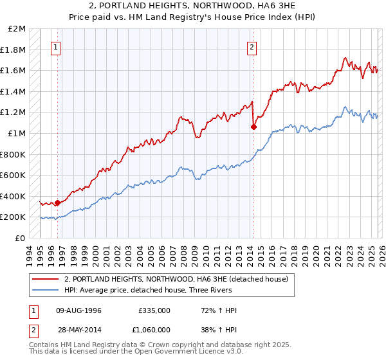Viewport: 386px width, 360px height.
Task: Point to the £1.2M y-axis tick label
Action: click(14, 113)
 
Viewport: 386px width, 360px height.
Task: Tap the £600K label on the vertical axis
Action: click(14, 175)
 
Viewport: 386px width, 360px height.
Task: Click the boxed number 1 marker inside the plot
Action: click(57, 47)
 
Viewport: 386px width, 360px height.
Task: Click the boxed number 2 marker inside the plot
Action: click(252, 47)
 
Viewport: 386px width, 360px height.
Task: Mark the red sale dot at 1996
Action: click(57, 203)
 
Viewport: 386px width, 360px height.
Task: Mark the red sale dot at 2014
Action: click(253, 127)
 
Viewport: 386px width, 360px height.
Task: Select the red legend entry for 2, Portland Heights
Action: click(179, 279)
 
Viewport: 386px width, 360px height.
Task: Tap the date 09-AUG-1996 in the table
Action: click(78, 310)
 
